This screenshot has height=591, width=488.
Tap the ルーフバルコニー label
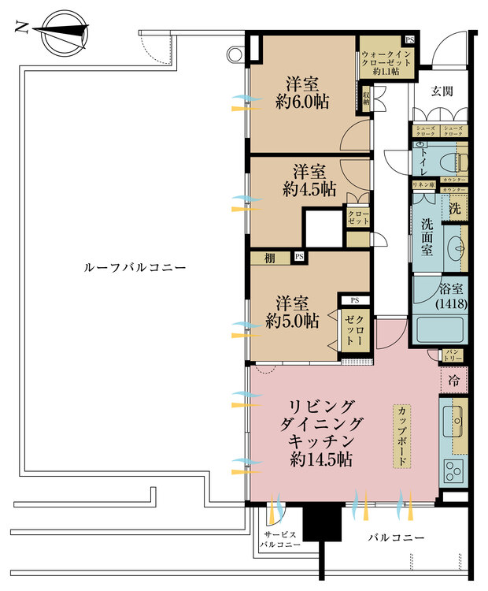(x=135, y=268)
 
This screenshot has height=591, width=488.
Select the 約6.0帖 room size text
(x=302, y=102)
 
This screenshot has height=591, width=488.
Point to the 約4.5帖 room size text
(x=309, y=189)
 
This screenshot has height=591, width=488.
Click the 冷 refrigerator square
(x=454, y=380)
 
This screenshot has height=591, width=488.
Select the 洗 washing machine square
(x=455, y=210)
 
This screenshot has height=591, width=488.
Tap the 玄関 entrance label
(x=442, y=92)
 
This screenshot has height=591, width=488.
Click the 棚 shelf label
(x=270, y=257)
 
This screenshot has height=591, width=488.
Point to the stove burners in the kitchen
(x=455, y=471)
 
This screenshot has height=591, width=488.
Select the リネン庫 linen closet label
(x=424, y=184)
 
